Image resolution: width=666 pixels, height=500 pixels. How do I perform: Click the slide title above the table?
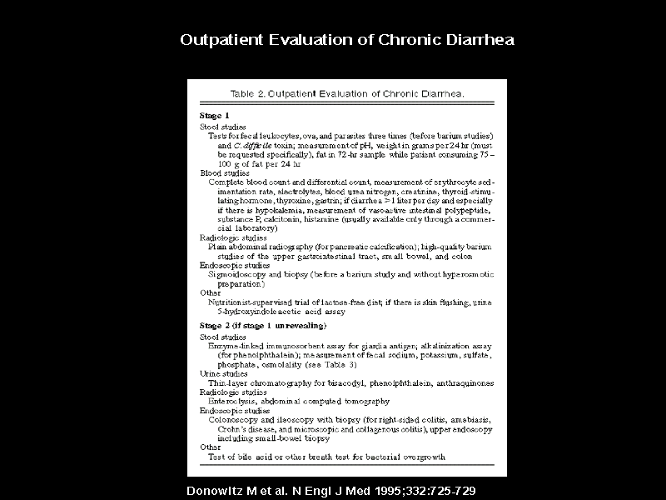tap(346, 40)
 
